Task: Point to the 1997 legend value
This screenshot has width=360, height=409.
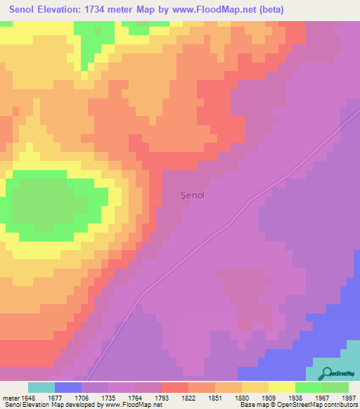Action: click(x=349, y=398)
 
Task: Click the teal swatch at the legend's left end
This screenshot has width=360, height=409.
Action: click(x=41, y=387)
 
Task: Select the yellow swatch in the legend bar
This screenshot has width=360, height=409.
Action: click(x=281, y=387)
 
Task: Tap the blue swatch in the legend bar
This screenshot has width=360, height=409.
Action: click(x=67, y=387)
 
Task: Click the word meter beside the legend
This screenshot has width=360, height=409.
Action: click(x=10, y=398)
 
